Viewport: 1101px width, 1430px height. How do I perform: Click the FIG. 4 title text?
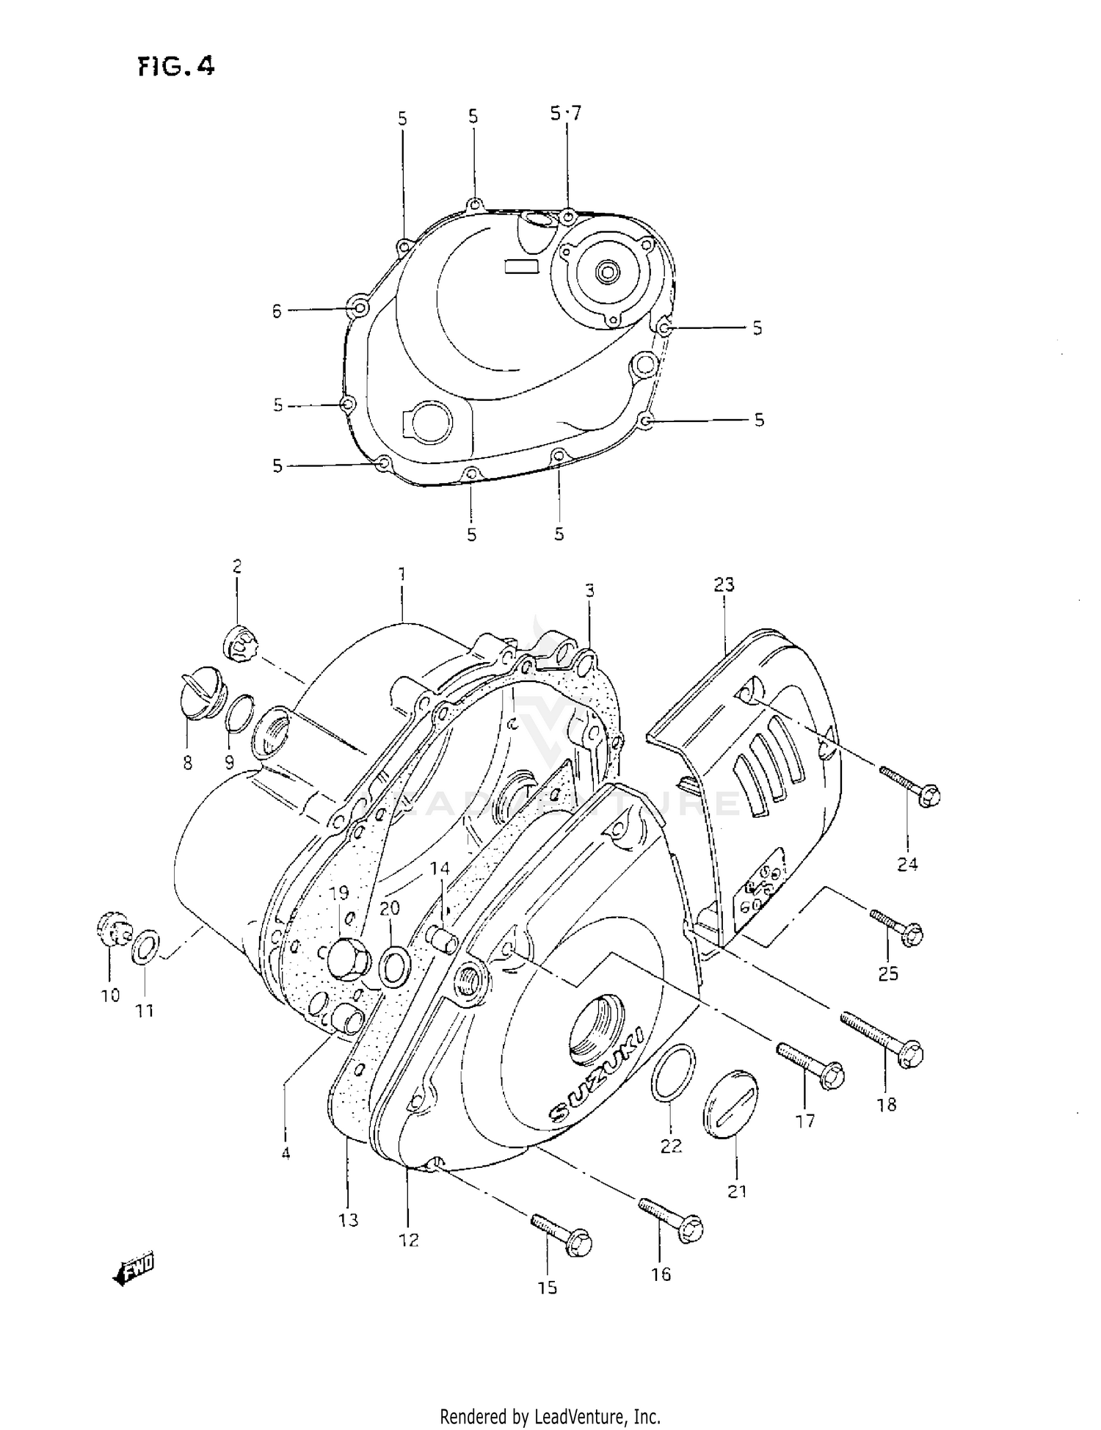176,67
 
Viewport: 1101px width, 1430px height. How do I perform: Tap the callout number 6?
277,311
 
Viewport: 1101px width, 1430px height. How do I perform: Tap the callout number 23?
723,584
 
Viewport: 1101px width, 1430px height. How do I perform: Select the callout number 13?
348,1219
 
